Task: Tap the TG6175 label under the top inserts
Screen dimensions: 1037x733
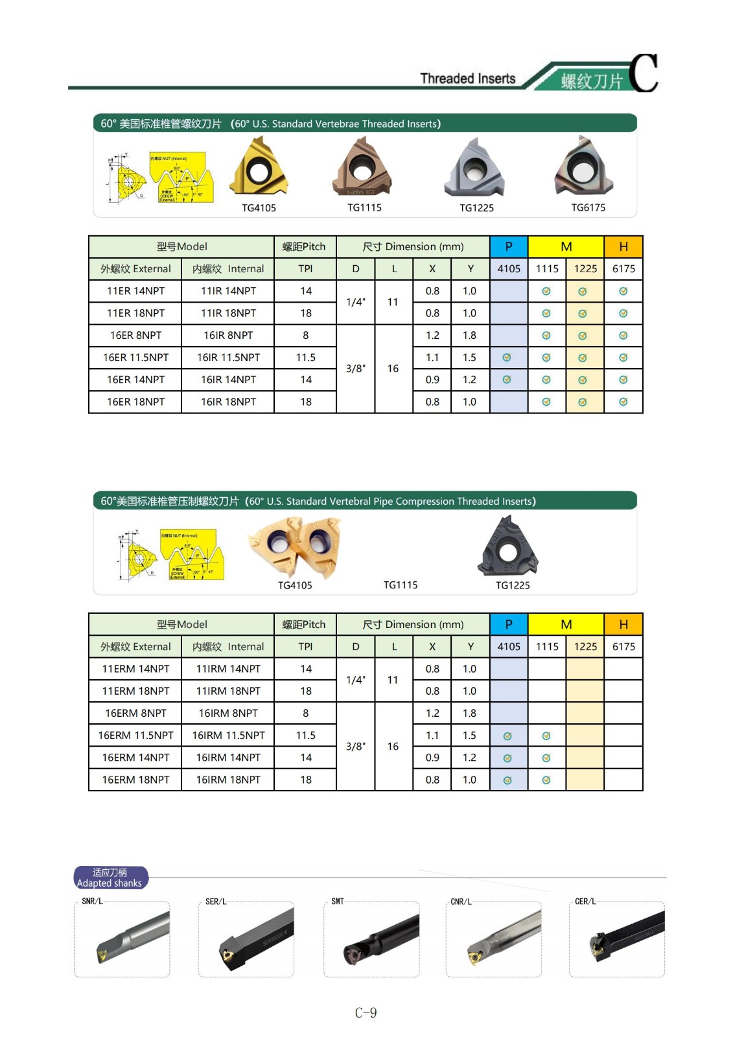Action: coord(588,207)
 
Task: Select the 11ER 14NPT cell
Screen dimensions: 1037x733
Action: coord(135,291)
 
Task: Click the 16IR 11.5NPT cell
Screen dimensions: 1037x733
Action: coord(228,358)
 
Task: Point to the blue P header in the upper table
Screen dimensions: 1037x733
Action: coord(509,246)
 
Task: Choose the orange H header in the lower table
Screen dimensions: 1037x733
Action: coord(623,624)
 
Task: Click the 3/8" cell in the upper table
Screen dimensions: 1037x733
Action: coord(355,369)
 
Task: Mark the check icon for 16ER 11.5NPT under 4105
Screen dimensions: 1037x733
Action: coord(507,358)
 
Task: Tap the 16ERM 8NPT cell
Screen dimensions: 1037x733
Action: coord(135,713)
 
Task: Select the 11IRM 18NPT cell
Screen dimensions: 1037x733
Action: coord(228,691)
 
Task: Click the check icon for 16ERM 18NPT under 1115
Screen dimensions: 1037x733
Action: coord(546,780)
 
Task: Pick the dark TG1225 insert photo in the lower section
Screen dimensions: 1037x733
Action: coord(508,546)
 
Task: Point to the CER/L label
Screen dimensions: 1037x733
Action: coord(585,902)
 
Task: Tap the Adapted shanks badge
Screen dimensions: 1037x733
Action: coord(110,878)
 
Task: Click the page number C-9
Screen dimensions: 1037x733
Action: coord(366,1013)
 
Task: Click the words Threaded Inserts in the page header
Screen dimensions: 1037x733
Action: coord(467,78)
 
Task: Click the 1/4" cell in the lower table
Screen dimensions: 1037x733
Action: coord(355,680)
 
